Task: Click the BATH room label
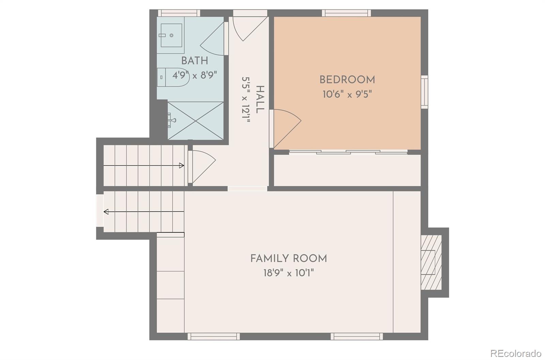coord(194,61)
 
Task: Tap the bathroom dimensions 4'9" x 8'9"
coord(194,75)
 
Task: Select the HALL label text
coord(260,99)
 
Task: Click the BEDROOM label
coord(347,80)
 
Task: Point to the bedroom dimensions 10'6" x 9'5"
coord(347,94)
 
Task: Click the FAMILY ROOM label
coord(289,259)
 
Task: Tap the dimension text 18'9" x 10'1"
coord(289,273)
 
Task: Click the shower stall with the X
coord(196,121)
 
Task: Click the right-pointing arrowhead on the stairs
coord(182,166)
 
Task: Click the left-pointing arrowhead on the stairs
coord(106,212)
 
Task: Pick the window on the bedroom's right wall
coord(424,92)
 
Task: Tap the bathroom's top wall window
coord(179,13)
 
